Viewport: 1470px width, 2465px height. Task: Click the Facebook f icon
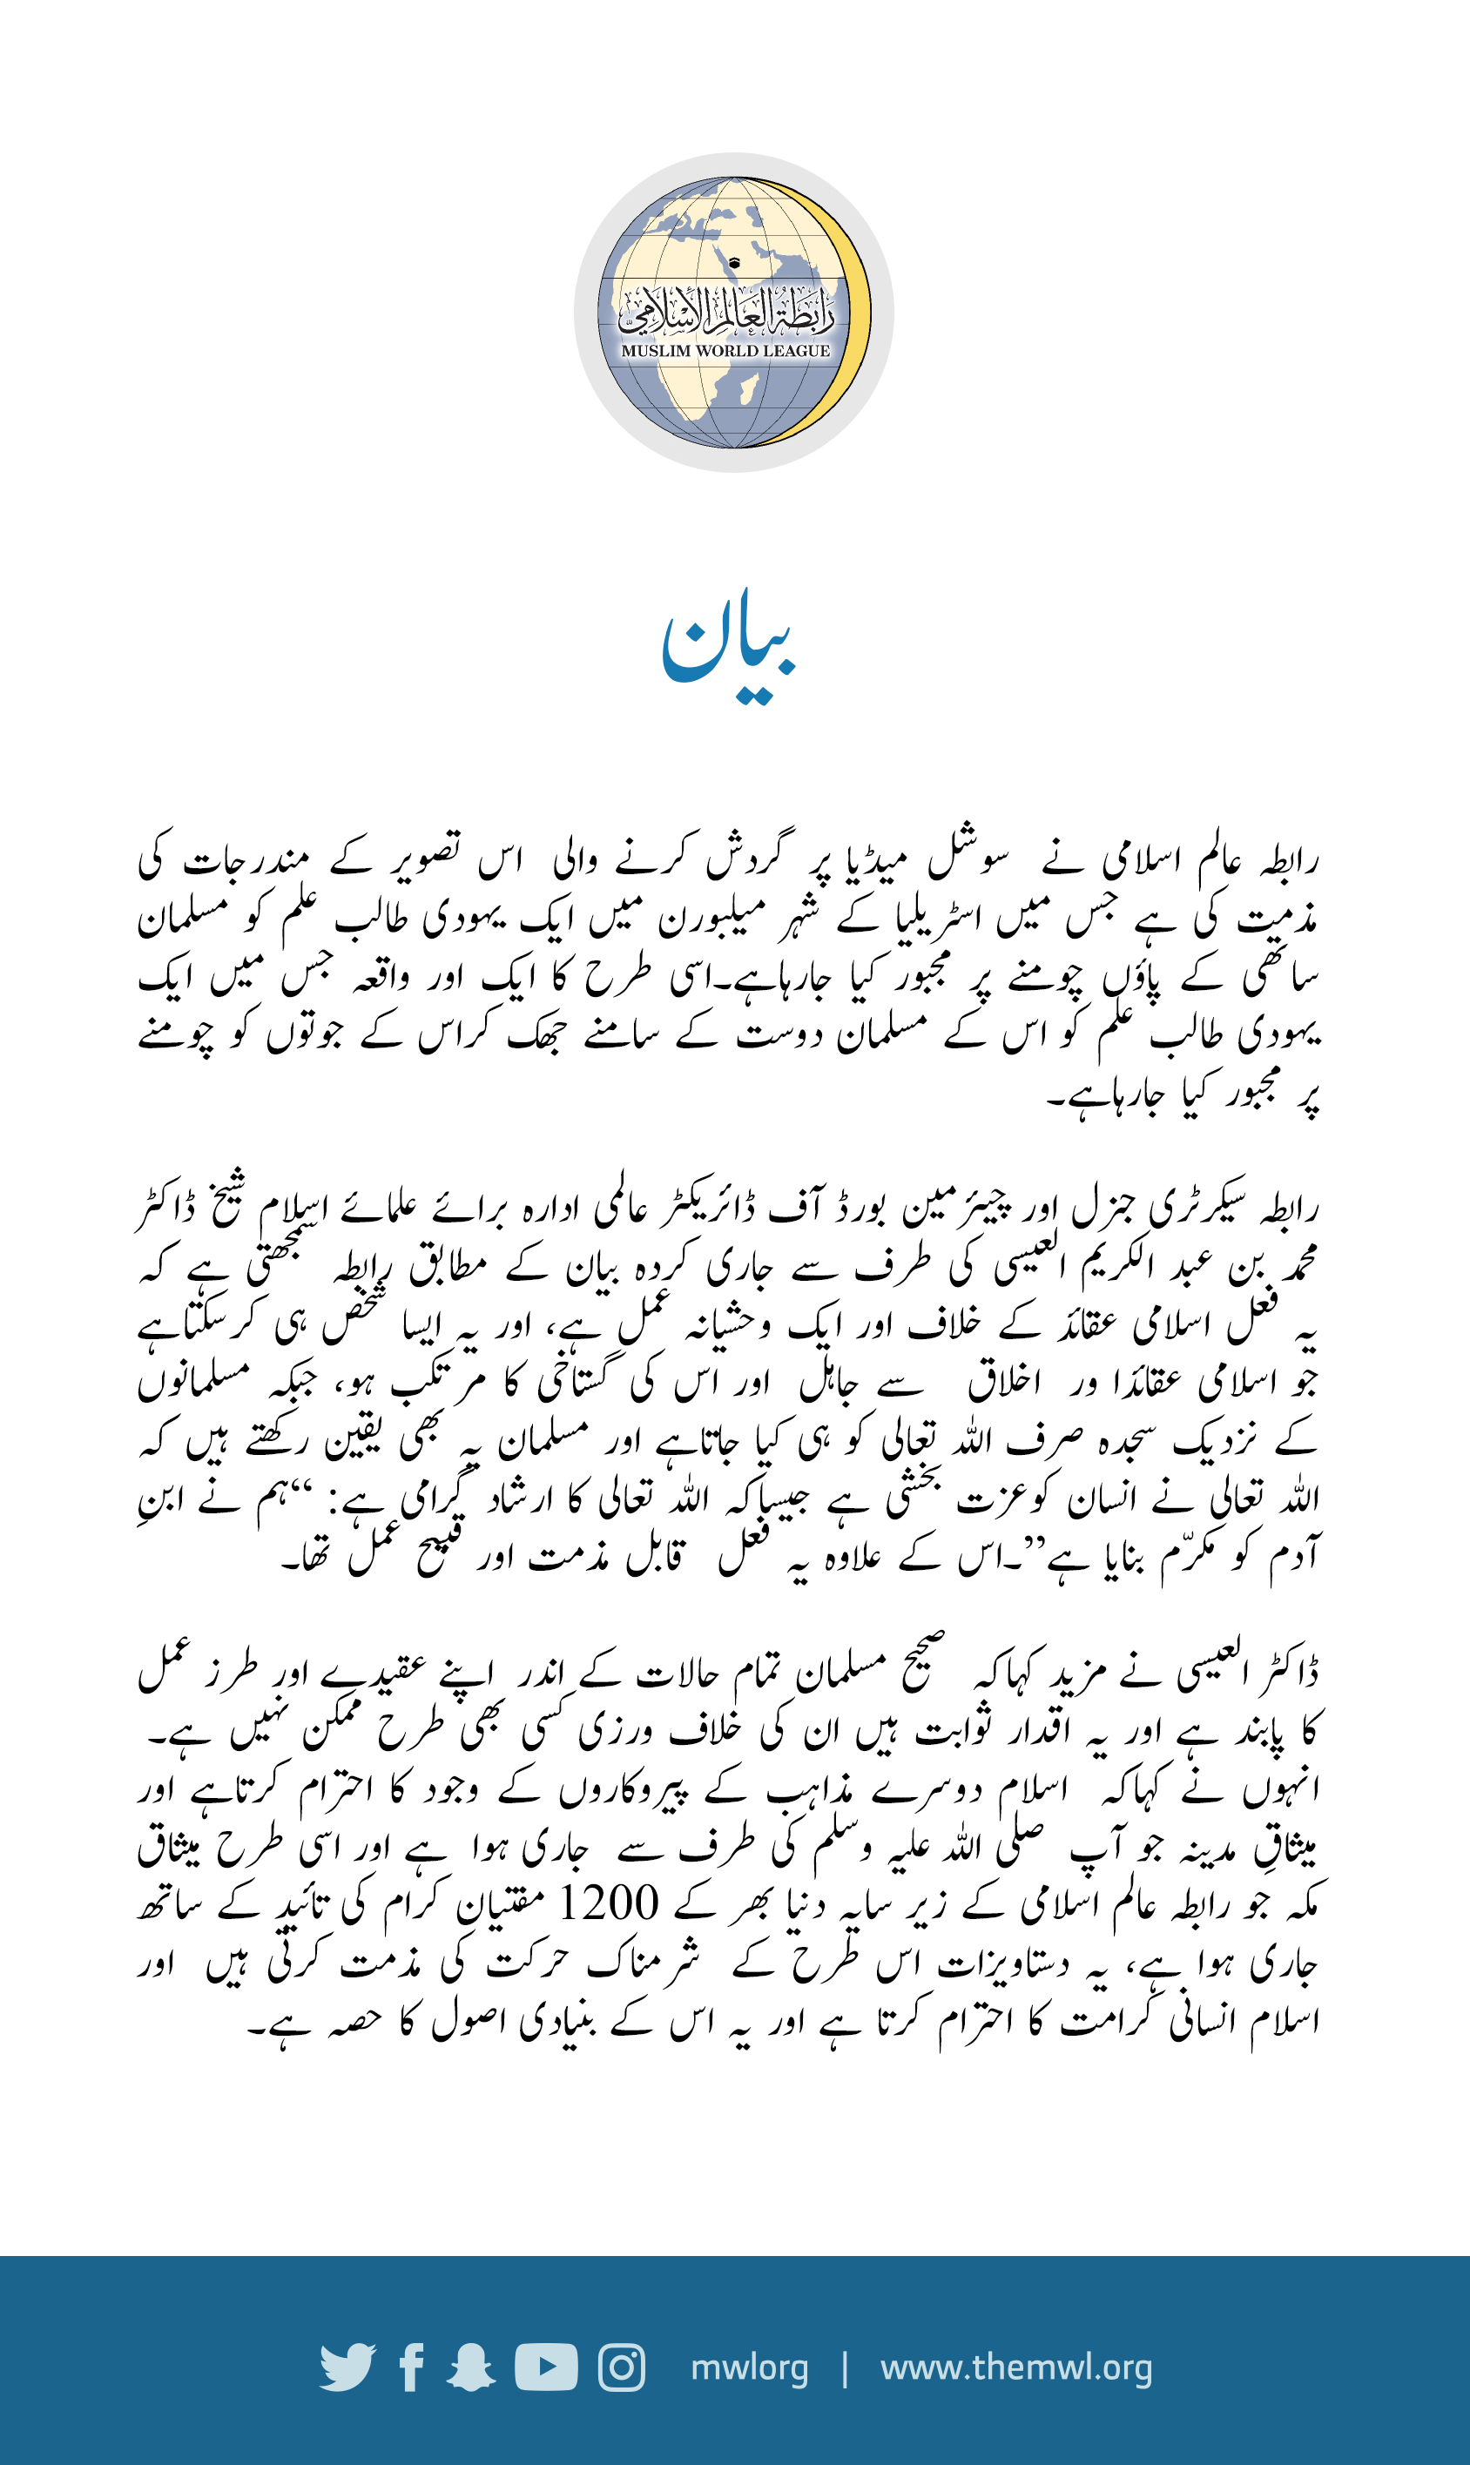412,2368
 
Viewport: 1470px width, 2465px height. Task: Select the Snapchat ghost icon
471,2368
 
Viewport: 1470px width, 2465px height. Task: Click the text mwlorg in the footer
749,2368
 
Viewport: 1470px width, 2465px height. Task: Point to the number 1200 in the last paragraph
610,1903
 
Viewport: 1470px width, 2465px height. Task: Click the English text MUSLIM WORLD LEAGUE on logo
725,351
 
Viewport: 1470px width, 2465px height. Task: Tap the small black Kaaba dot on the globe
734,264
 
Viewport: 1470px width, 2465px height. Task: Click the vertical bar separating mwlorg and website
845,2368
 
